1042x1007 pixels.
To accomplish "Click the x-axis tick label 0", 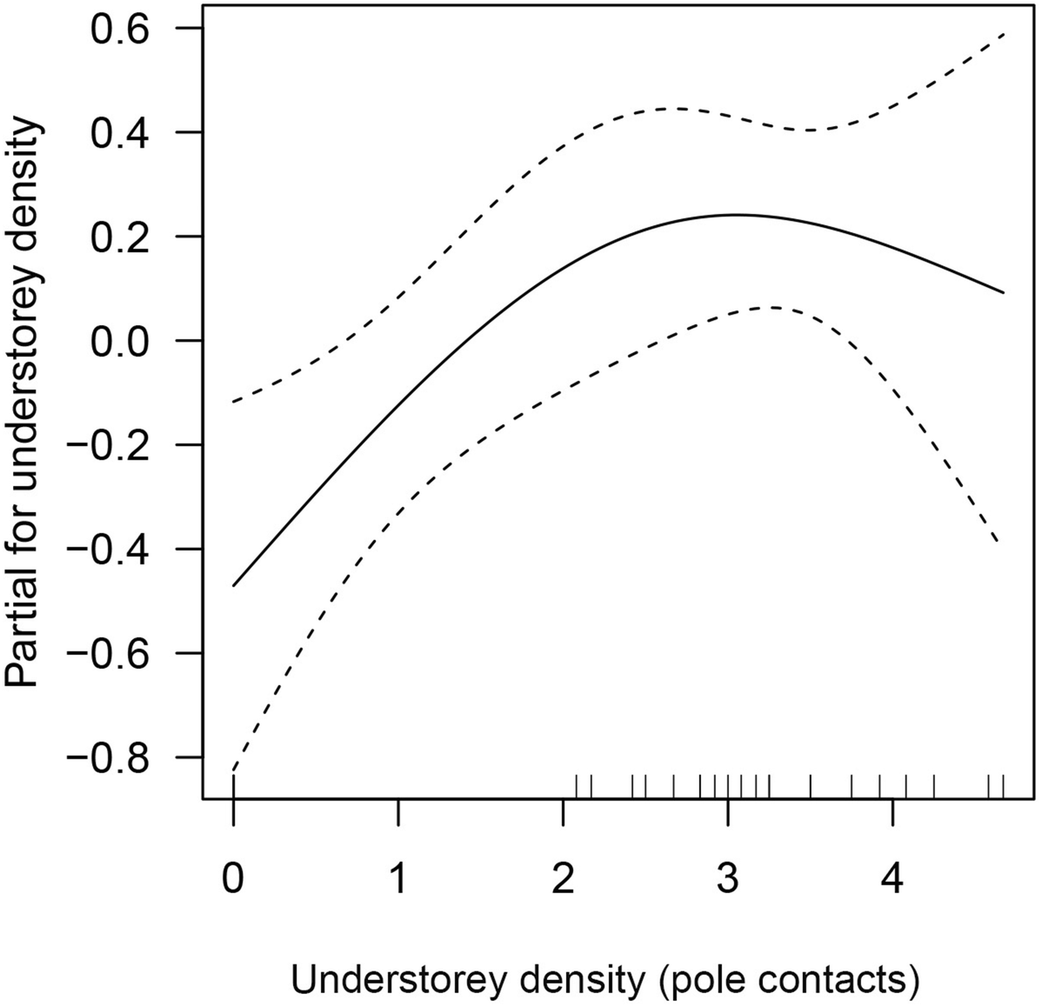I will click(x=233, y=879).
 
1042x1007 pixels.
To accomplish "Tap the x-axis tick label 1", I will click(x=398, y=879).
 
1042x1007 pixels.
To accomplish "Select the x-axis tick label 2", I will click(x=563, y=879).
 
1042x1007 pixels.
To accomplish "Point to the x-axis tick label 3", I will click(x=728, y=879).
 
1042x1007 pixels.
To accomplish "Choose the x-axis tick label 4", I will click(x=892, y=879).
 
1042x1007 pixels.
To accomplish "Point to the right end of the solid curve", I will click(x=1005, y=292).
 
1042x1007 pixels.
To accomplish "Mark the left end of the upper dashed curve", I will click(x=234, y=402).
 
